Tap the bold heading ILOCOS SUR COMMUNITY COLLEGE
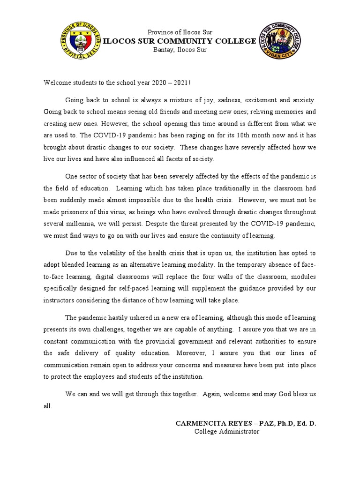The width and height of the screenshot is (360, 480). click(x=180, y=41)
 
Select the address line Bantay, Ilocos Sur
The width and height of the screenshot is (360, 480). click(x=180, y=50)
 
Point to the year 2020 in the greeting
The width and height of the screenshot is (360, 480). click(x=160, y=82)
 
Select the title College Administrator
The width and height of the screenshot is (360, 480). click(x=227, y=432)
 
